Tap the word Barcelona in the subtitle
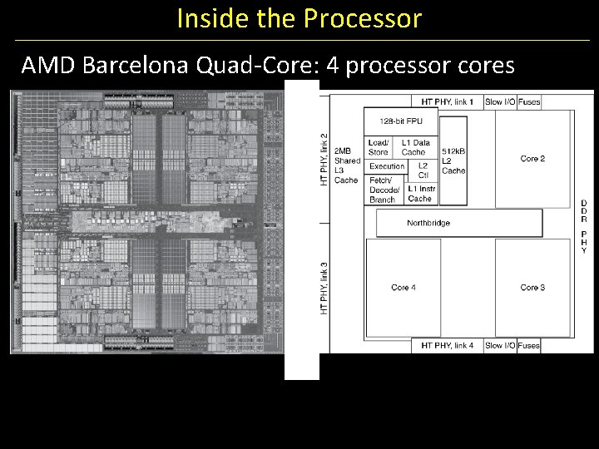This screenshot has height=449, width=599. coord(139,65)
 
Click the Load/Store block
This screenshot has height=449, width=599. coord(379,147)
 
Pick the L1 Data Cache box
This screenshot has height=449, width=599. coord(414,147)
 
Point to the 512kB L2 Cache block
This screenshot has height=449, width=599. coord(453,160)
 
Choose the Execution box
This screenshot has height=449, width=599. coord(387,166)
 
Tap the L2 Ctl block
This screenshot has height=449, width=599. coord(423,170)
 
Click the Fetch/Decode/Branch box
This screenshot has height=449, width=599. coord(383,190)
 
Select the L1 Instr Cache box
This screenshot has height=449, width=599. coord(421,194)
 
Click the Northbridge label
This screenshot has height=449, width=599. coord(428,223)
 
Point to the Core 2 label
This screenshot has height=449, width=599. coord(532,159)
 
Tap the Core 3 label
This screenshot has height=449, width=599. coord(532,288)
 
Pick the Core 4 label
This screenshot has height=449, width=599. coord(403,288)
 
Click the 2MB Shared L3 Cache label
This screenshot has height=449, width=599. coord(347,165)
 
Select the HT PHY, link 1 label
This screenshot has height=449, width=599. coord(447,102)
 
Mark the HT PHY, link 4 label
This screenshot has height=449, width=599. coord(447,346)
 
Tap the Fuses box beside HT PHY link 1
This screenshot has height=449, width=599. coord(529,102)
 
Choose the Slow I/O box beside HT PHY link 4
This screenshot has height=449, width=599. coord(499,346)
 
